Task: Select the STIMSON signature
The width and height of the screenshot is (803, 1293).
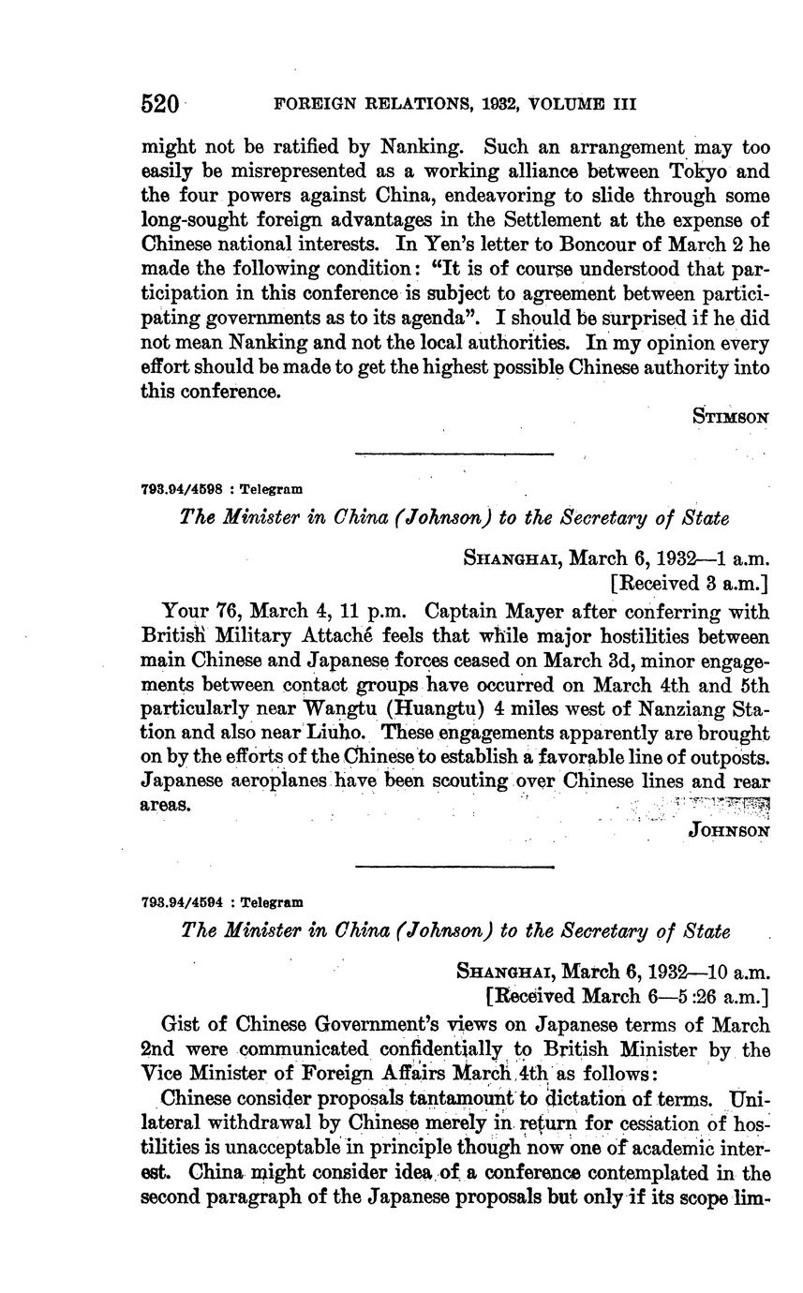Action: (731, 417)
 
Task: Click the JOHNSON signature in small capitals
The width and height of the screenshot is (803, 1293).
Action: (729, 830)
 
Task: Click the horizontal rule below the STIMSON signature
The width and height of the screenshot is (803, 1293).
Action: (454, 454)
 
